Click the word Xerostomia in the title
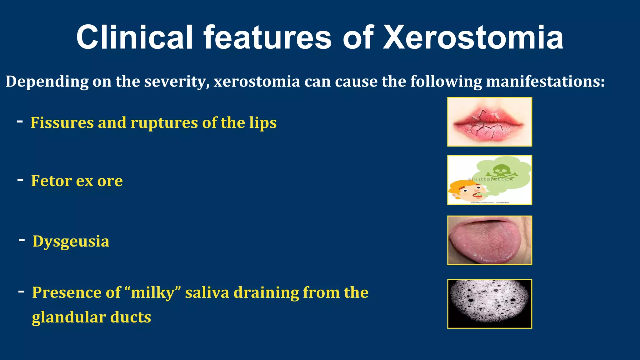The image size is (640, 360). tap(473, 37)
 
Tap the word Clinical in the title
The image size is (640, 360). tap(134, 37)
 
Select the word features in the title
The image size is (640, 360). tap(267, 37)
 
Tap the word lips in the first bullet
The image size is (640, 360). tap(263, 122)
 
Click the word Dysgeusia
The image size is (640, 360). tap(71, 242)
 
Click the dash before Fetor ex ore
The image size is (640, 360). tap(20, 180)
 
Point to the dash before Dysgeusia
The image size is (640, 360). tap(22, 240)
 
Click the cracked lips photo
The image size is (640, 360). tap(489, 122)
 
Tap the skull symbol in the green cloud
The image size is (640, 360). tap(499, 170)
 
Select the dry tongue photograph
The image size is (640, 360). tap(489, 240)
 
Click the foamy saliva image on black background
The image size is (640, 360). tap(489, 304)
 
